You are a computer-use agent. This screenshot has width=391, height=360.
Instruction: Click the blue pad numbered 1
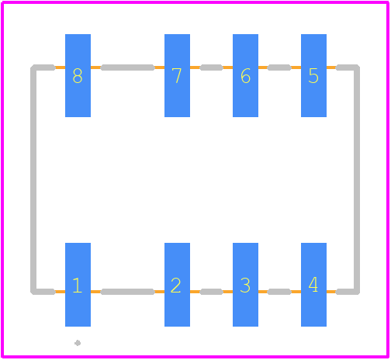point(78,285)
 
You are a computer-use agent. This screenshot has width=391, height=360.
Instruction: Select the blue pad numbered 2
point(177,285)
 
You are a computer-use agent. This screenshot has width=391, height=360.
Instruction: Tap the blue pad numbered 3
point(245,285)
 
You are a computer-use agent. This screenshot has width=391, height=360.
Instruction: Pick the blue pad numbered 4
point(313,285)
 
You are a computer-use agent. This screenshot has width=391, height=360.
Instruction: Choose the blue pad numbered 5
point(313,75)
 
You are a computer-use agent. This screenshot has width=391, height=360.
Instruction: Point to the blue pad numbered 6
point(245,75)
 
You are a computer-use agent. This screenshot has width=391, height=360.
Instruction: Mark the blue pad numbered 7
point(177,75)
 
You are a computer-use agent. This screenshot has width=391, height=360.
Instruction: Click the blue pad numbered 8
point(78,75)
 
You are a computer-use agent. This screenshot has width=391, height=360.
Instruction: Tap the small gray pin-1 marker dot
point(78,343)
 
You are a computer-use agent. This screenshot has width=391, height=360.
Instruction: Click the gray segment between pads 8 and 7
point(127,67)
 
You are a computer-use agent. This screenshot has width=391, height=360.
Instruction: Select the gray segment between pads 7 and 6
point(211,67)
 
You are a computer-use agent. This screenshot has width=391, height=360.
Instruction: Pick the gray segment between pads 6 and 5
point(279,67)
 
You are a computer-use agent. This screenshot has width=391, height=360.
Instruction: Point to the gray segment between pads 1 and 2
point(127,292)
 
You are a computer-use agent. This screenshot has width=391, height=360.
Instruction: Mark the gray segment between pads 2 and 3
point(211,292)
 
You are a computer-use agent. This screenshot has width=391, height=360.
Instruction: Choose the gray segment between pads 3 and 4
point(279,292)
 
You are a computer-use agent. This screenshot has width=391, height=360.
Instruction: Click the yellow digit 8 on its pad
point(78,76)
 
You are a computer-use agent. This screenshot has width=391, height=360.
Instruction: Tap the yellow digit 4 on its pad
point(313,285)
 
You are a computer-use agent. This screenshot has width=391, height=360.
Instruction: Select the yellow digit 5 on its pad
point(313,76)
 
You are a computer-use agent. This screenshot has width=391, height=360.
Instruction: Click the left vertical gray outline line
point(33,179)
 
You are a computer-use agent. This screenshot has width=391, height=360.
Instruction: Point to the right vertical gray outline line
point(357,179)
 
